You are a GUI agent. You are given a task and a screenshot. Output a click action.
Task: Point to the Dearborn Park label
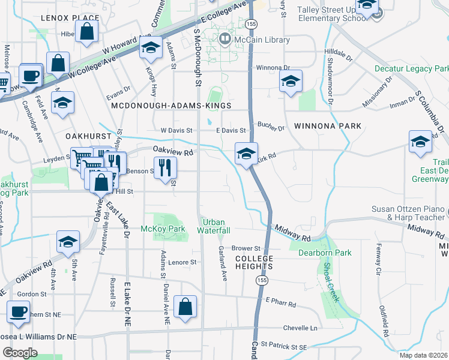coord(325,253)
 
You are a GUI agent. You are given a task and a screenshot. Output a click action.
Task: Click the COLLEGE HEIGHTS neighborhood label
coord(254,262)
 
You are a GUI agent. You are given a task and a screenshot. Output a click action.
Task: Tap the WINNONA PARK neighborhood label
coord(328,126)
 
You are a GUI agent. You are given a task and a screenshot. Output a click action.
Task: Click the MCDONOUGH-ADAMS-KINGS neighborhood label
coord(171,106)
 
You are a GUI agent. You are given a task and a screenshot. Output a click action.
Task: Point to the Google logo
coord(20,352)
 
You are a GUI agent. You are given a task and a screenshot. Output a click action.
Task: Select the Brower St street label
coord(246,248)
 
